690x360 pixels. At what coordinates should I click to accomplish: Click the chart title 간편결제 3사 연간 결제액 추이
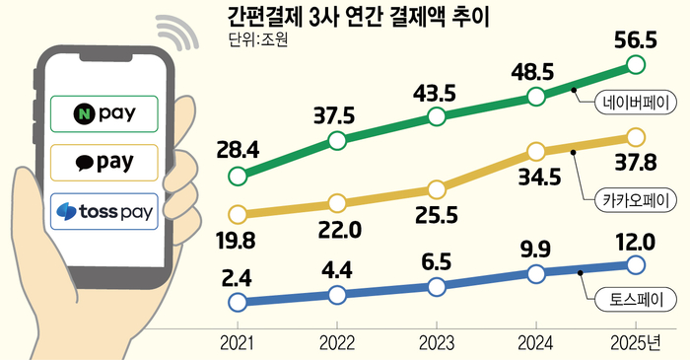point(358,18)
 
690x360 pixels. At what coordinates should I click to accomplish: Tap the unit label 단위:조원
point(258,39)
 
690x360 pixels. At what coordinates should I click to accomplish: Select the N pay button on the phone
point(104,113)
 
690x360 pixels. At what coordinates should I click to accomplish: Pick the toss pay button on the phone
point(104,211)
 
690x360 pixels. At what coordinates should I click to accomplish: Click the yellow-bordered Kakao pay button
point(104,163)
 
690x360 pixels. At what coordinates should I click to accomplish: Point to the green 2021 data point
point(238,177)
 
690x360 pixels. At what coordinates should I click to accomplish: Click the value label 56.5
point(636,40)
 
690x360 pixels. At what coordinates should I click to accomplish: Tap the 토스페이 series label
point(636,300)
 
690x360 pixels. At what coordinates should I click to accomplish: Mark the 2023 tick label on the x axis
point(436,343)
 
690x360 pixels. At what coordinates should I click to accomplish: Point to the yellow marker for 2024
point(536,151)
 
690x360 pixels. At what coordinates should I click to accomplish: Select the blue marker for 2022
point(337,295)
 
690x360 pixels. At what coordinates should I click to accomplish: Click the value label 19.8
point(237,241)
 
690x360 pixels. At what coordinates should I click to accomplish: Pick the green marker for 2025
point(636,65)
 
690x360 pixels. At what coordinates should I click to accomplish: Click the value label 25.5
point(437,215)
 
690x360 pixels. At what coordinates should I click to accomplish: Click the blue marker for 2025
point(636,265)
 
